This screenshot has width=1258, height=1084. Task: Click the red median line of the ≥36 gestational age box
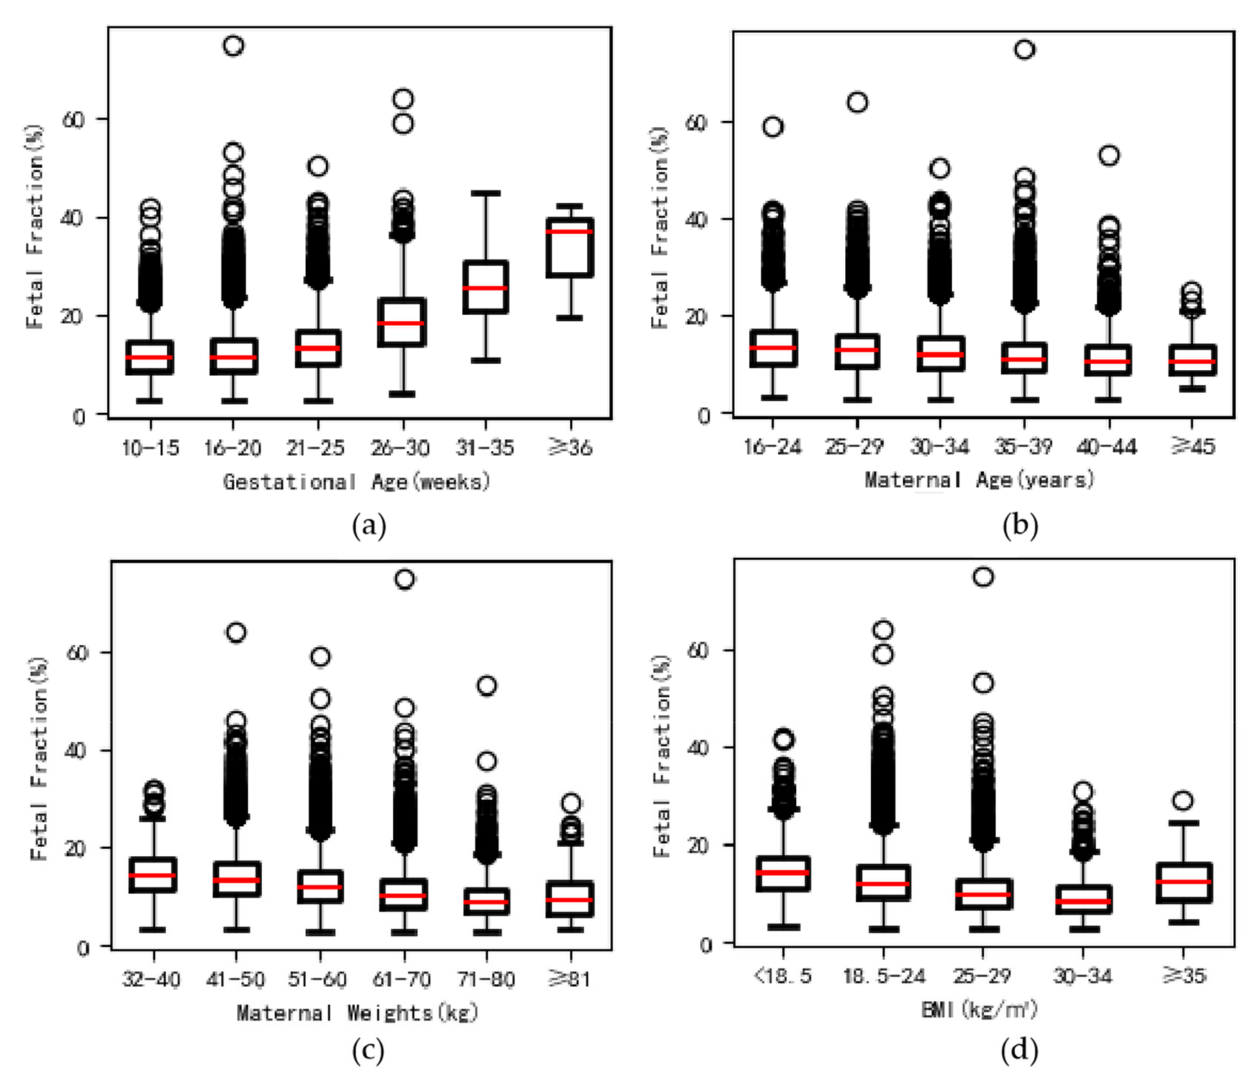tap(569, 231)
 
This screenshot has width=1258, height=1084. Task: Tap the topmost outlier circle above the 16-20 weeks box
tap(234, 45)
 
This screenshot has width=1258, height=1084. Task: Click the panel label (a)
tap(369, 526)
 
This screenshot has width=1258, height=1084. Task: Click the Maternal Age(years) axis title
tap(979, 480)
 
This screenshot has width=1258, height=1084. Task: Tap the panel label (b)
tap(1020, 526)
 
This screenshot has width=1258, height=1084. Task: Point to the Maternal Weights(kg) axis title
tap(358, 1012)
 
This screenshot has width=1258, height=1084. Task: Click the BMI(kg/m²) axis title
tap(979, 1010)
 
